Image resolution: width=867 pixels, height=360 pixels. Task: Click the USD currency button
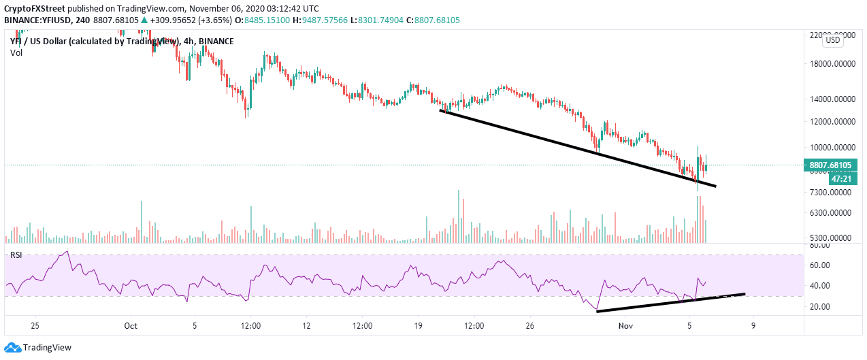coord(833,40)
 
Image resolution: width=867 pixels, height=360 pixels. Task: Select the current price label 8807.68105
coord(834,165)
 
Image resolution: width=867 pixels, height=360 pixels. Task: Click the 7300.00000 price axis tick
coord(832,193)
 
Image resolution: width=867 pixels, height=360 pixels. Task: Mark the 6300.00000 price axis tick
coord(832,213)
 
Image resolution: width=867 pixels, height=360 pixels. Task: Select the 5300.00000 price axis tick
coord(832,238)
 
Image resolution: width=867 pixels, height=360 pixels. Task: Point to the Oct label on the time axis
coord(131,326)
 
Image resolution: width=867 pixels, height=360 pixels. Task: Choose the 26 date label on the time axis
coord(529,326)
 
